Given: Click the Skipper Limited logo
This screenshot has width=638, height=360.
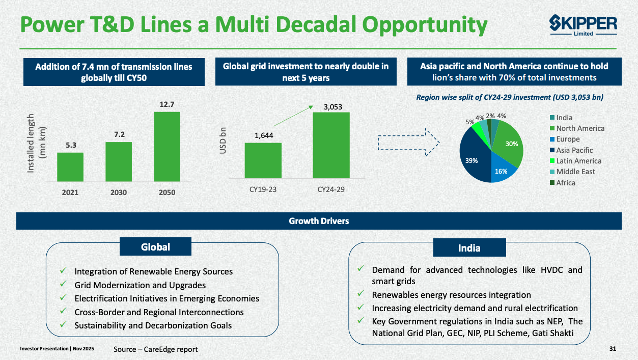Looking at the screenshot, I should click(x=583, y=25).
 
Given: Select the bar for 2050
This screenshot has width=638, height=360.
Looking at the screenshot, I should click(x=167, y=146).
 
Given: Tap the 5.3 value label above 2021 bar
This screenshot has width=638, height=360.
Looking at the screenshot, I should click(x=71, y=145).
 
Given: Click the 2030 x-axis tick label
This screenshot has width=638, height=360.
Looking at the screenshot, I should click(x=119, y=193).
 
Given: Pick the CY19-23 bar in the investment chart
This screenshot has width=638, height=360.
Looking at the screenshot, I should click(x=263, y=160).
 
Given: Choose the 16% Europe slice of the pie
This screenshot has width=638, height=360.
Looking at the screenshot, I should click(x=501, y=171).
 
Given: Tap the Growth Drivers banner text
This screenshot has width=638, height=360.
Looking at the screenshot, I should click(x=319, y=221).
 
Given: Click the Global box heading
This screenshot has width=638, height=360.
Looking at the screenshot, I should click(x=155, y=247).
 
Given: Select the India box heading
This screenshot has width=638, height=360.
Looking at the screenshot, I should click(x=469, y=248).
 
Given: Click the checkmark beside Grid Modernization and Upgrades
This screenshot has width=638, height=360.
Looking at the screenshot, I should click(x=63, y=285).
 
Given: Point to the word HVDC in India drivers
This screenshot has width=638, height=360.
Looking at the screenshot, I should click(x=548, y=270).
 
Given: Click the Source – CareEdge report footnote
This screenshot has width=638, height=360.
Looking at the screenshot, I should click(x=155, y=349).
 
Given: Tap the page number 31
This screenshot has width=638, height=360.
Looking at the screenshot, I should click(x=613, y=349).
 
